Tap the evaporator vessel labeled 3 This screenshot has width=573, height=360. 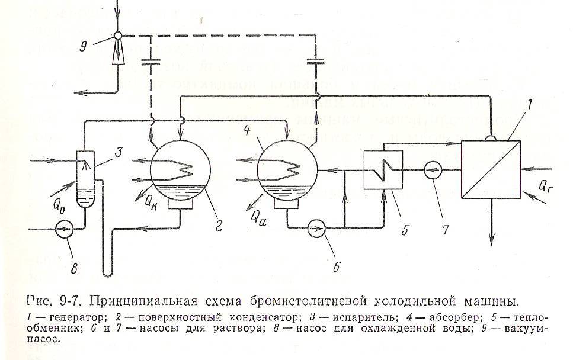(x=87, y=178)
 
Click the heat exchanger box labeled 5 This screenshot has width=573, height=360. (x=383, y=169)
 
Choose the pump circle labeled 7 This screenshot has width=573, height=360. (x=434, y=170)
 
